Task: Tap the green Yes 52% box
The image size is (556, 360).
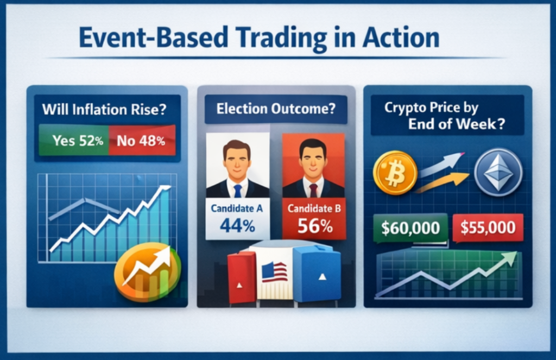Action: coord(74,140)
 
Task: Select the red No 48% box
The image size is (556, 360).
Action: coord(142,140)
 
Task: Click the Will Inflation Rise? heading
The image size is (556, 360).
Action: coord(104,109)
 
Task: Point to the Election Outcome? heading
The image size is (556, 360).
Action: coord(276,109)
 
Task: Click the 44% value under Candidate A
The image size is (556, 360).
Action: coord(237,225)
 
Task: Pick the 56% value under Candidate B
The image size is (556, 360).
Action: coord(315,225)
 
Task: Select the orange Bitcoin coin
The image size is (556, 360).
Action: coord(395,173)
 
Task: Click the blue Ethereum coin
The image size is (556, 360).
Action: coord(498,172)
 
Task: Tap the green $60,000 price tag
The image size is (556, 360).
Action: coord(410,228)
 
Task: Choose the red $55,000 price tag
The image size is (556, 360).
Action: coord(488,228)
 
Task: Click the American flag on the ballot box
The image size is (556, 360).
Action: coord(274,272)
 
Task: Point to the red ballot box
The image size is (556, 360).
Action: coord(242,277)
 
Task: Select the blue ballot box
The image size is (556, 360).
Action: coord(317,275)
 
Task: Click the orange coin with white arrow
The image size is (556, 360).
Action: coord(148,271)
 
